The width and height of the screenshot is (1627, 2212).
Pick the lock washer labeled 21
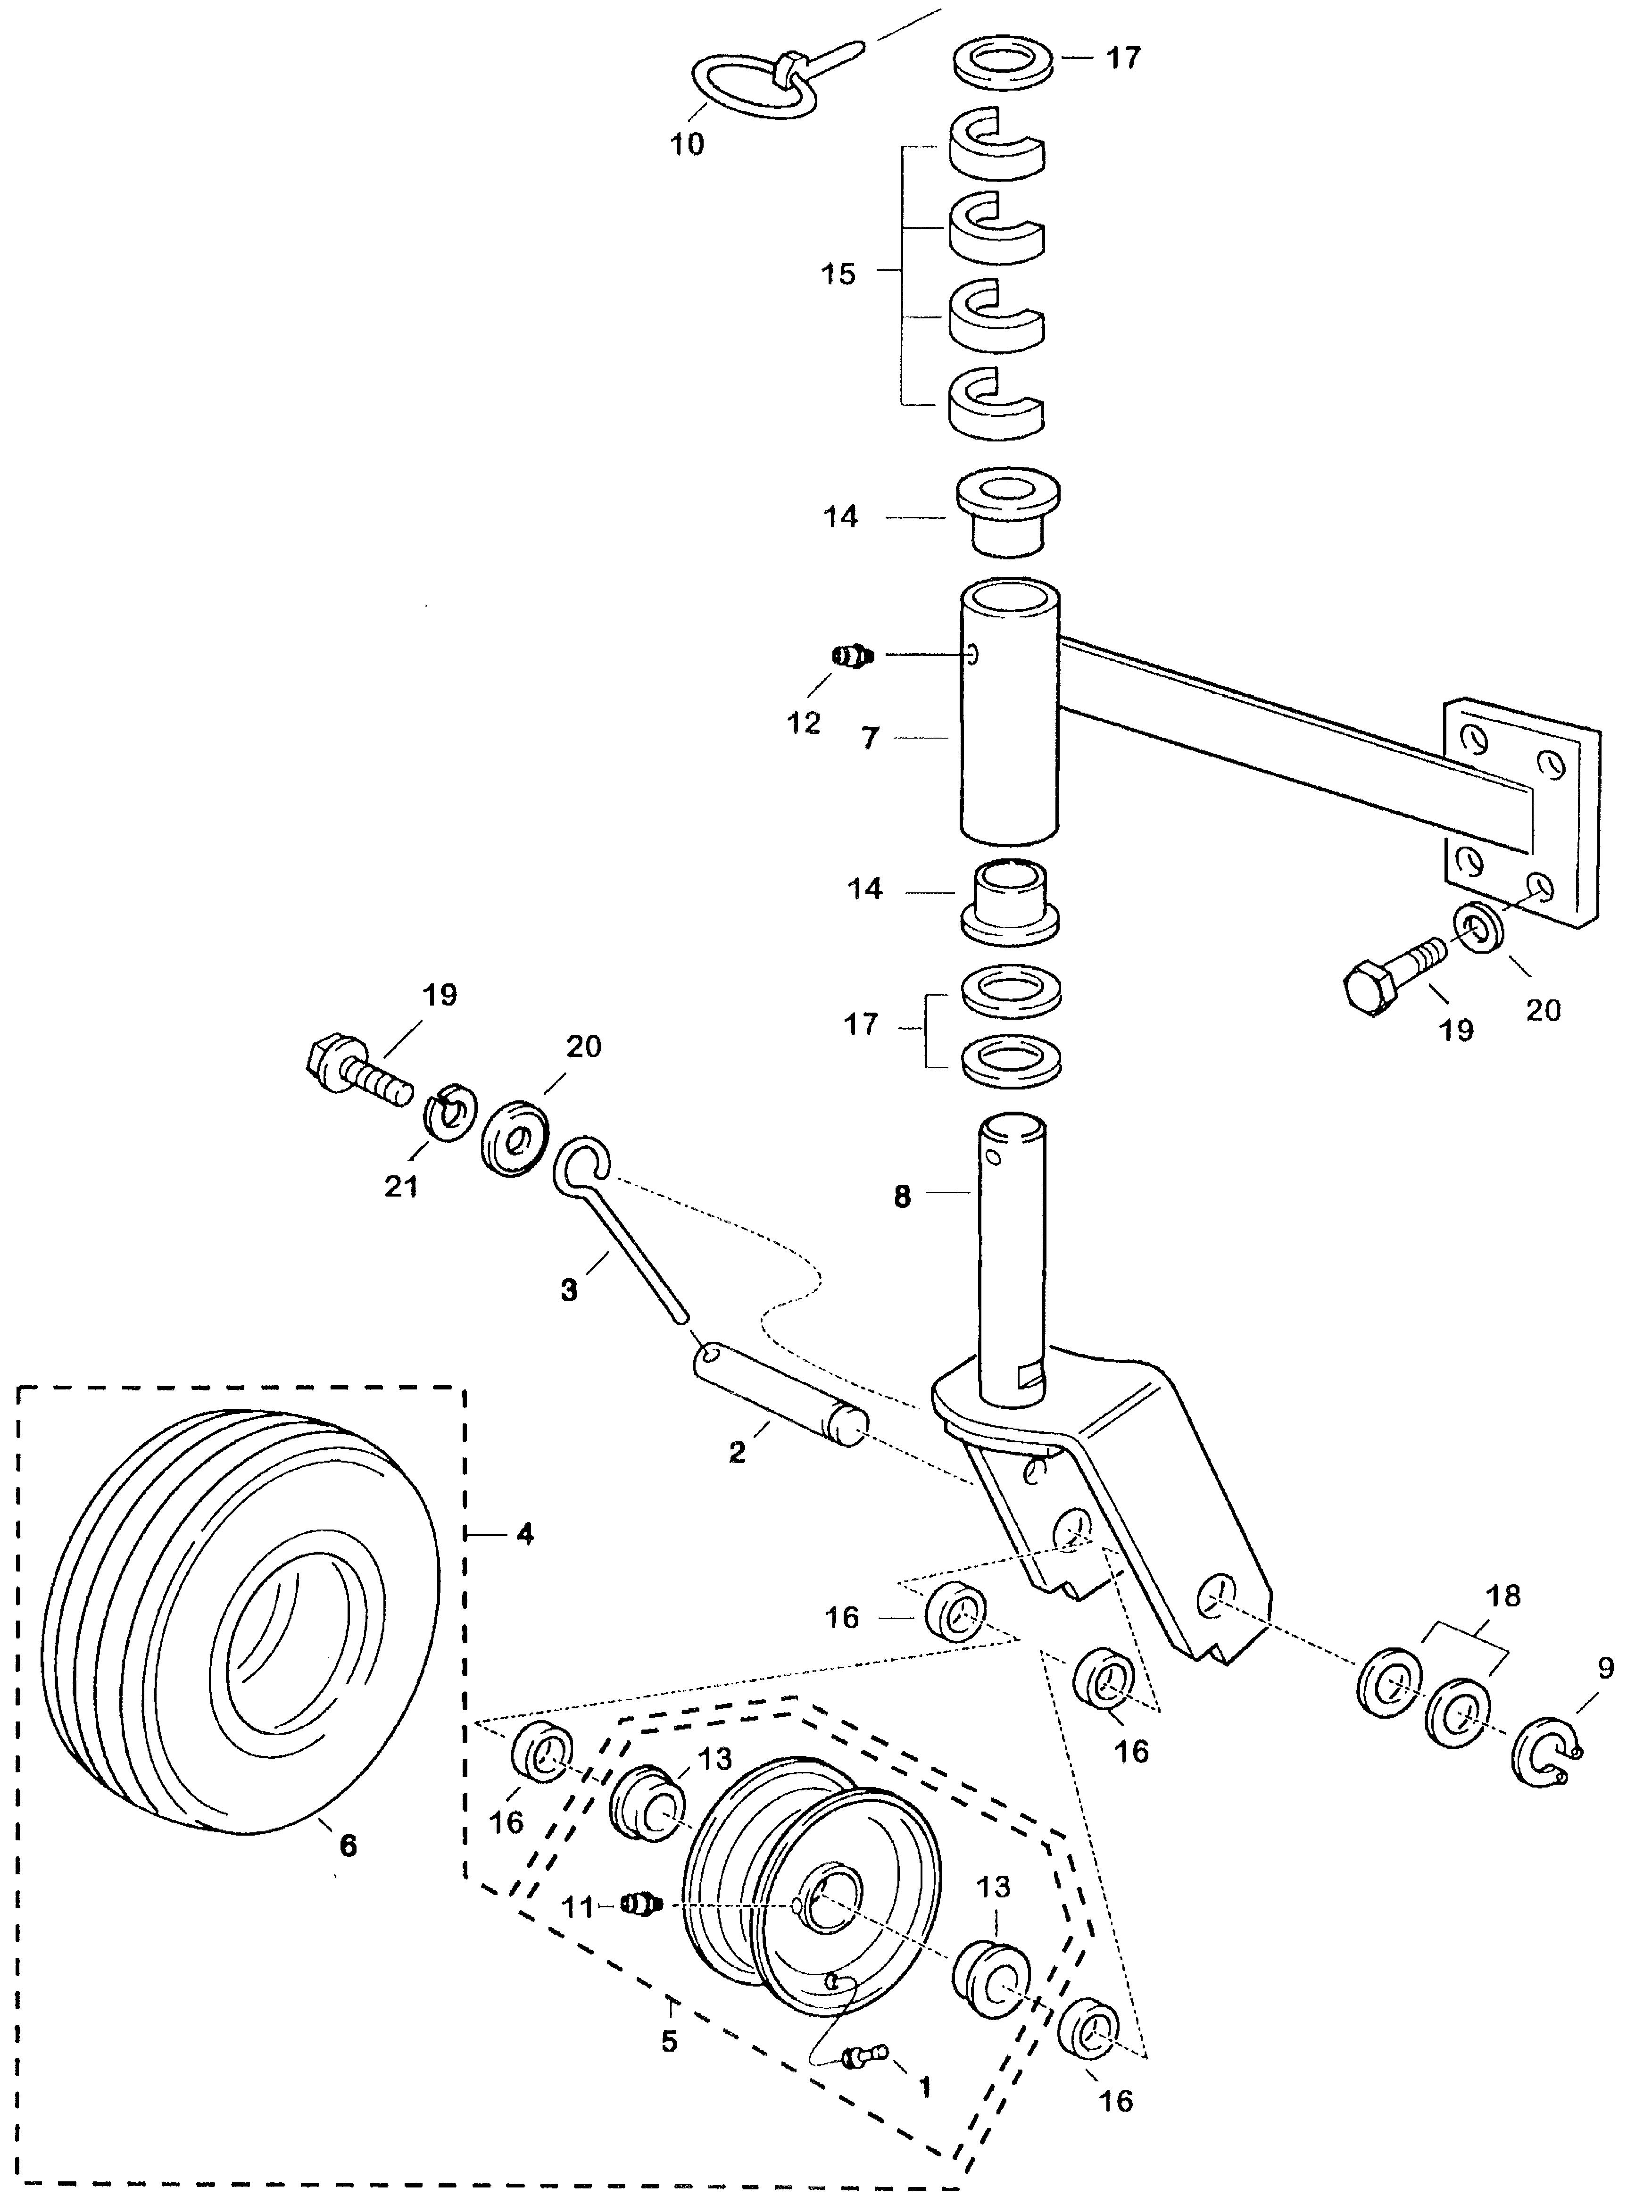pyautogui.click(x=450, y=1110)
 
